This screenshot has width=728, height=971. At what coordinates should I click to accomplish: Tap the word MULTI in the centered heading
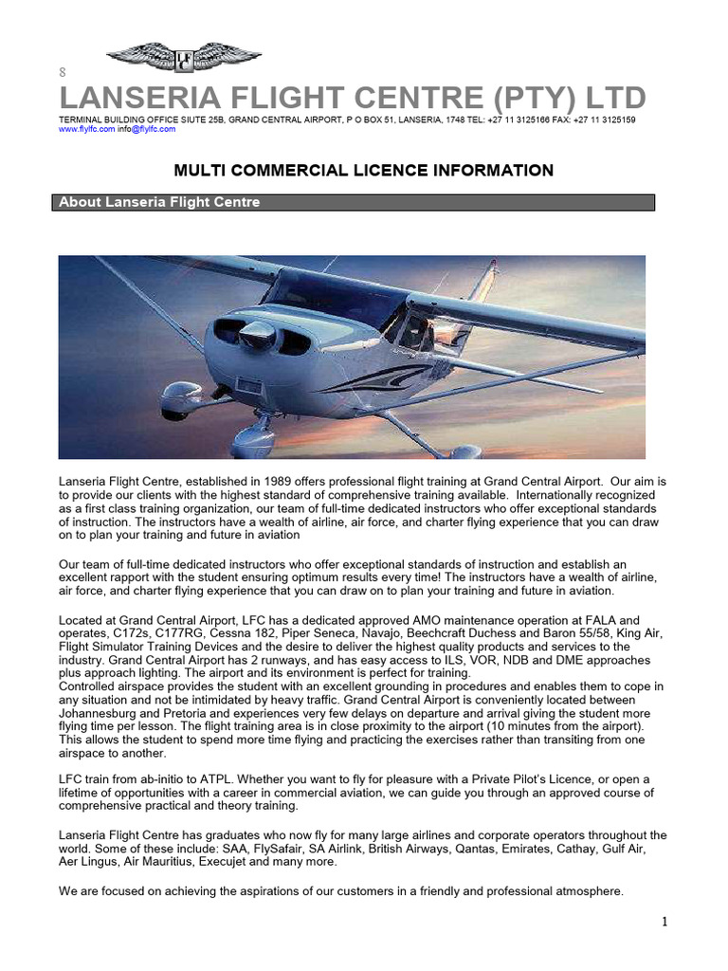click(x=196, y=171)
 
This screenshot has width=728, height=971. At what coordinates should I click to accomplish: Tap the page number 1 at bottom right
click(x=664, y=923)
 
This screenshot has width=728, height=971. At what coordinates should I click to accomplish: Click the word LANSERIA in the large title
click(x=131, y=98)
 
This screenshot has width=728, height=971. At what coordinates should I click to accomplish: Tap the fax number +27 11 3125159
click(x=605, y=120)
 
